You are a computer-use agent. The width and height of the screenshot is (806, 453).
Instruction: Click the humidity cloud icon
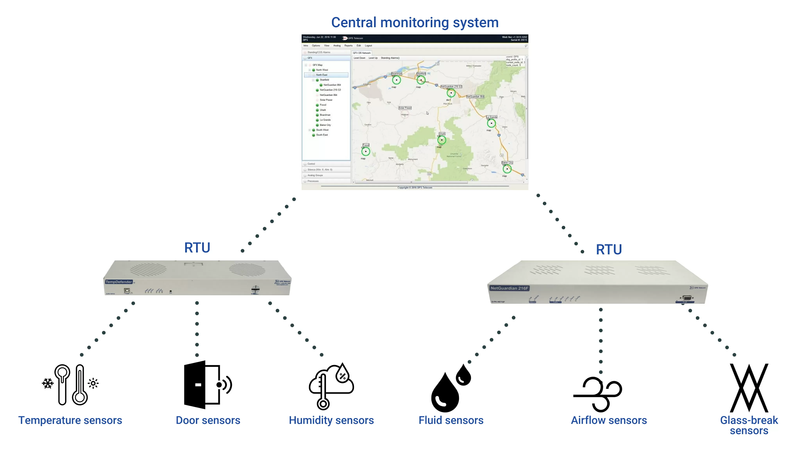pos(331,386)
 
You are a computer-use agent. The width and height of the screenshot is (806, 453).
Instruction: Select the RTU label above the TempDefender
pos(197,248)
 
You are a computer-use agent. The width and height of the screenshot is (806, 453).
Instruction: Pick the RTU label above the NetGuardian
pos(609,249)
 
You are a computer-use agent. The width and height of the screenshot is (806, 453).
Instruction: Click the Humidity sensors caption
pos(331,420)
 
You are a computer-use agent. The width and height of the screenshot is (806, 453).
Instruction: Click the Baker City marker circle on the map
pos(507,169)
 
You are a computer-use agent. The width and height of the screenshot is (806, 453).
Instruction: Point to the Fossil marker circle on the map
pos(365,152)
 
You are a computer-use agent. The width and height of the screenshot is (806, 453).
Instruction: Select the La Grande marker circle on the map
pos(491,123)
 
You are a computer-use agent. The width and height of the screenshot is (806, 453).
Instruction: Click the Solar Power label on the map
pos(405,108)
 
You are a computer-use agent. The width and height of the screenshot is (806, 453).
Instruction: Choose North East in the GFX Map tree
pos(322,75)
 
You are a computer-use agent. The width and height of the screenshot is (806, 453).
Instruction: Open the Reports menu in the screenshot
pos(348,46)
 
